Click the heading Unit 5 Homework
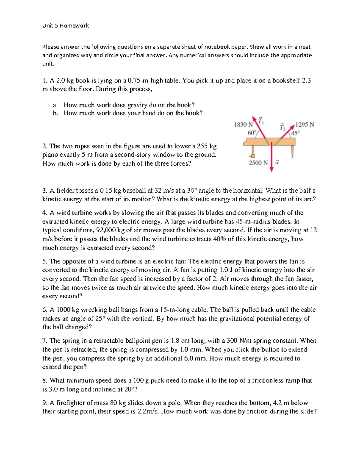click(x=65, y=26)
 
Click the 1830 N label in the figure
click(x=243, y=125)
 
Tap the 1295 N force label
click(x=305, y=125)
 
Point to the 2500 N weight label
click(x=258, y=163)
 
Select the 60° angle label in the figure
click(x=252, y=132)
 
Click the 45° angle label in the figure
click(x=295, y=133)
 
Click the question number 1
click(x=45, y=81)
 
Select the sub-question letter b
click(x=55, y=113)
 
